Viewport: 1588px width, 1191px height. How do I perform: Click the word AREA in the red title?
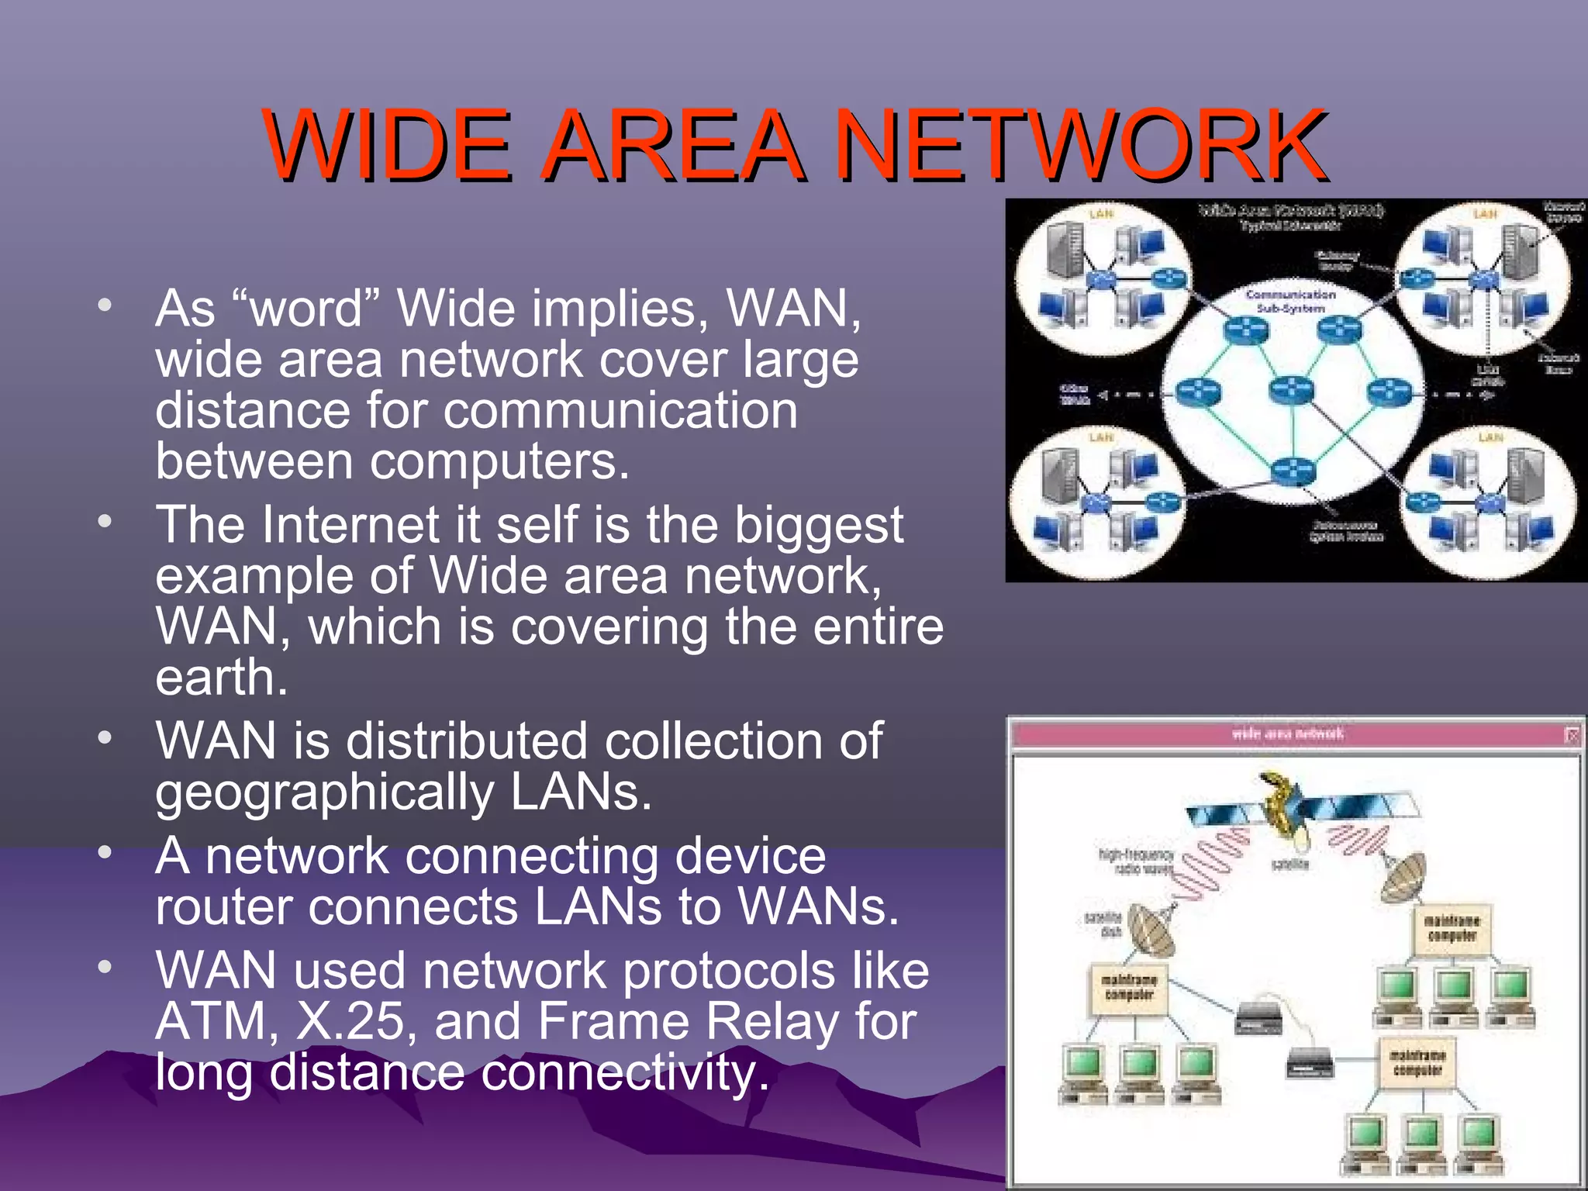pyautogui.click(x=671, y=145)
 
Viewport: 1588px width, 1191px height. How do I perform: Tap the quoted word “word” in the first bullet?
pyautogui.click(x=306, y=309)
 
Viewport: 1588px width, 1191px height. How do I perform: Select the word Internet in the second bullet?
pyautogui.click(x=351, y=525)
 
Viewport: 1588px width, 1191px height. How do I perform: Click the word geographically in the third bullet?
pyautogui.click(x=324, y=792)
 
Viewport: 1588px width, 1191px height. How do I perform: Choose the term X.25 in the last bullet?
pyautogui.click(x=350, y=1022)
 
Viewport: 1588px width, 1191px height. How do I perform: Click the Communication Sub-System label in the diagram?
pyautogui.click(x=1290, y=301)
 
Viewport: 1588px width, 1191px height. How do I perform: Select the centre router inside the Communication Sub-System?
pyautogui.click(x=1291, y=389)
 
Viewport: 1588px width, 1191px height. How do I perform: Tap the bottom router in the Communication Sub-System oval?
pyautogui.click(x=1293, y=469)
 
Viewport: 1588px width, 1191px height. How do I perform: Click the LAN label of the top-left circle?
pyautogui.click(x=1101, y=214)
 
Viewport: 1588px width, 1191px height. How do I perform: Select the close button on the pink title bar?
pyautogui.click(x=1572, y=734)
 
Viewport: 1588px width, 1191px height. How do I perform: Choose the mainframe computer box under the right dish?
pyautogui.click(x=1451, y=928)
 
